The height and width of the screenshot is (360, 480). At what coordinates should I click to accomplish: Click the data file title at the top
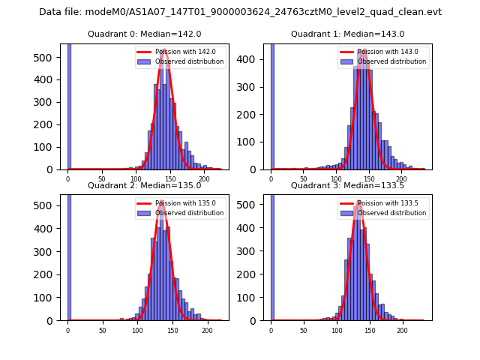(x=240, y=12)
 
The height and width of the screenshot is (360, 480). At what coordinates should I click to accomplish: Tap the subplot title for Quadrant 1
(x=347, y=34)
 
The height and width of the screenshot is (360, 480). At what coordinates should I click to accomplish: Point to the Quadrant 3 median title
(x=347, y=185)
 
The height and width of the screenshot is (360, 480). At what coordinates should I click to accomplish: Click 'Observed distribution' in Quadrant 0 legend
(x=189, y=61)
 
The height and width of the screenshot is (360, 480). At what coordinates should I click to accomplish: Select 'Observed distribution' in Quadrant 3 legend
(x=391, y=213)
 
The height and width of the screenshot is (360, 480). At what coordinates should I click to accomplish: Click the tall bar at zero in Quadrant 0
(x=69, y=105)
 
